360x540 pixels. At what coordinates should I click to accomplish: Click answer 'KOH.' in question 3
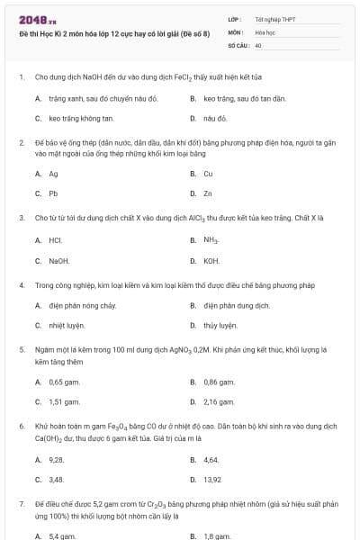[x=211, y=261]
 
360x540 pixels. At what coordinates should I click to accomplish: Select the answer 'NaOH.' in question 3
[x=59, y=261]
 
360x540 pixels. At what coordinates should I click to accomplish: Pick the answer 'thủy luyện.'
[x=220, y=325]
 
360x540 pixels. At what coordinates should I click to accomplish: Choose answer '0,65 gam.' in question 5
[x=64, y=382]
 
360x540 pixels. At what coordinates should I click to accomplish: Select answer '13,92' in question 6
[x=212, y=479]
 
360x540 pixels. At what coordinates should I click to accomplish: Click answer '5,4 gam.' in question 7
[x=62, y=536]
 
